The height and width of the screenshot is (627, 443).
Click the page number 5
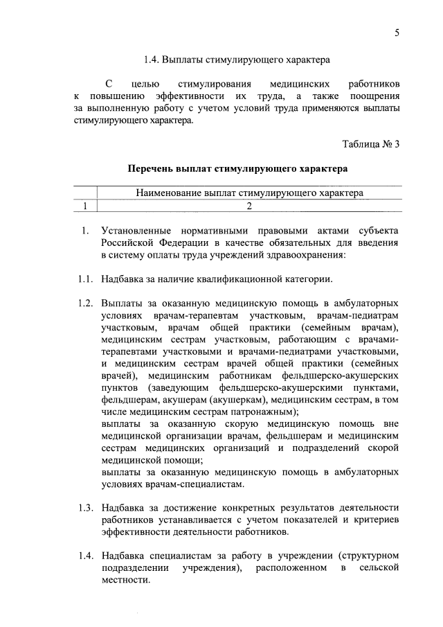pos(397,32)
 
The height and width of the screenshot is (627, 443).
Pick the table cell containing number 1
pos(84,205)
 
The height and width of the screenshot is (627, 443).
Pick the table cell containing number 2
pos(248,205)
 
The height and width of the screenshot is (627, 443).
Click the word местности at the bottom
pos(125,581)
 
